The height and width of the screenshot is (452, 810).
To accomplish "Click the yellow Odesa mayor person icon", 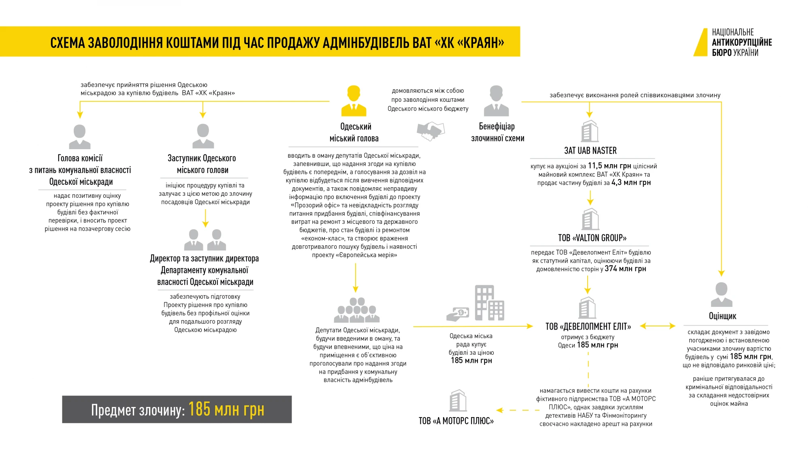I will [x=354, y=101].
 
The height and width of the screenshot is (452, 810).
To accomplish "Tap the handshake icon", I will [x=431, y=131].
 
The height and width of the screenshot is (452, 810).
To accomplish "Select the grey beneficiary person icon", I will [x=496, y=101].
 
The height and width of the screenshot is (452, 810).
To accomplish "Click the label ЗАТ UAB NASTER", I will [x=590, y=151].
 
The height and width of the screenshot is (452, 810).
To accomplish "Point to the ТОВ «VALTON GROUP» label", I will [x=592, y=238].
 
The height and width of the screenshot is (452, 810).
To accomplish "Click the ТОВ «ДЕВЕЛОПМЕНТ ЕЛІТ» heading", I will [x=588, y=327].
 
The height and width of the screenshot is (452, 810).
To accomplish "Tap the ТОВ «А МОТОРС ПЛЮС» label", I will [x=456, y=421].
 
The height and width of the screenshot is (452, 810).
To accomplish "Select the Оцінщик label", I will [x=722, y=316].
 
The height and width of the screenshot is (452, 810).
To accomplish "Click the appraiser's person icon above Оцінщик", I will [x=721, y=295].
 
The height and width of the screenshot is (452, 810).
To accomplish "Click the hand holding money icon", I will [x=458, y=314].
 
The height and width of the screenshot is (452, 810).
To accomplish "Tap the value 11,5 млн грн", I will [x=609, y=166].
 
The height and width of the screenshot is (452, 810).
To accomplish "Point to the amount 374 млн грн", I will [x=625, y=269].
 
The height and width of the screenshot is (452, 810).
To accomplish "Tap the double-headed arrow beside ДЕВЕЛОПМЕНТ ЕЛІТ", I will [x=657, y=326].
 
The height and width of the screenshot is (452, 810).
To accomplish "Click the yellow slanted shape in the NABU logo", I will [x=701, y=42].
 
